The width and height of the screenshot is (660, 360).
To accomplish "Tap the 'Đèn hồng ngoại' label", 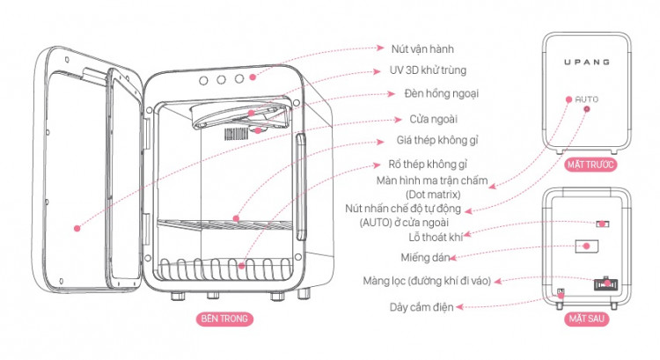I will pos(434,93).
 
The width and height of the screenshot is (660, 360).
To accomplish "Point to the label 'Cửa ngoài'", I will pos(432,118).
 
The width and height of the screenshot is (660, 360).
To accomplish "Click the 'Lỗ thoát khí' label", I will pos(429,237).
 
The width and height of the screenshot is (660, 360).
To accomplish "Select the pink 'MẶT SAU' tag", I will pos(585,322).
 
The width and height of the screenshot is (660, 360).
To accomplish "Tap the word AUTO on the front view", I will pos(586,99).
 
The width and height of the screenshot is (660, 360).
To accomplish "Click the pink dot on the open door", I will pos(77,227).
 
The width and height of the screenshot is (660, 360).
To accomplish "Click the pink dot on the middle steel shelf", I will pos(236,217).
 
